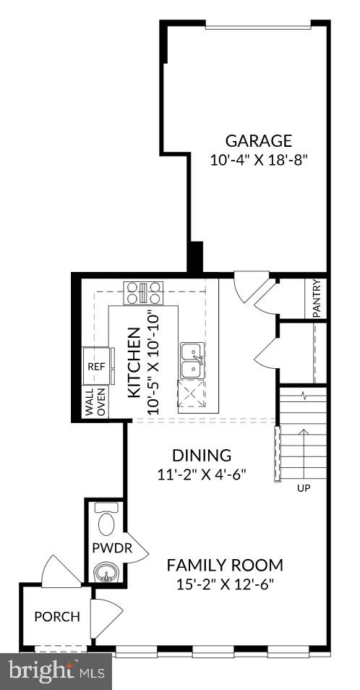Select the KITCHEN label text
pos(134,362)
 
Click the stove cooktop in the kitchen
pos(145,292)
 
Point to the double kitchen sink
pos(192,360)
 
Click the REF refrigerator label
pos(96,367)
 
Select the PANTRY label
pos(317,298)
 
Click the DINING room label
pos(202,456)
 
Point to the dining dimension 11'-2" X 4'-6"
pos(202,474)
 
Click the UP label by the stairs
pos(304,488)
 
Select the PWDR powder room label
pos(112,548)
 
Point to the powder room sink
pos(106,575)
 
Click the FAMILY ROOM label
pos(225,565)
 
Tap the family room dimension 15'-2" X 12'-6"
pos(225,584)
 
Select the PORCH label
pos(57,617)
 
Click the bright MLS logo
pos(56,671)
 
